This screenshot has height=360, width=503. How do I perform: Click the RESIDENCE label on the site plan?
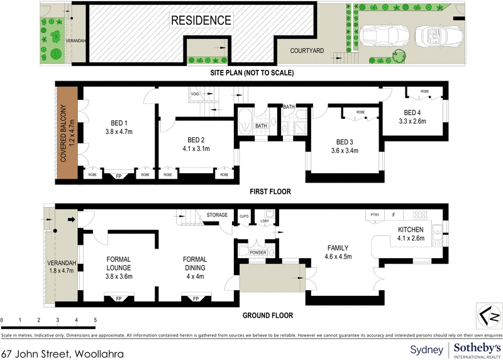click(201, 20)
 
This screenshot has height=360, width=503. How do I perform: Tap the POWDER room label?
click(258, 252)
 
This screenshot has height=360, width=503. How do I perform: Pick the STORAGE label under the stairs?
click(217, 215)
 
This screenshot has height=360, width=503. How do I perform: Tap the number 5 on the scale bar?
click(95, 320)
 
